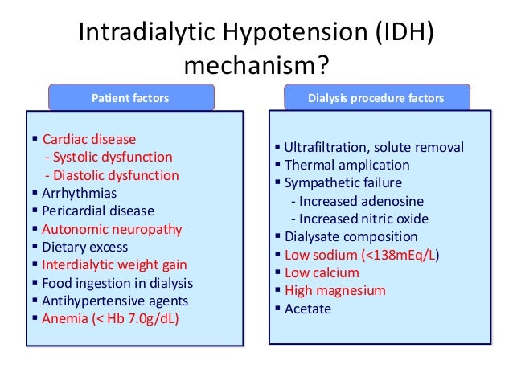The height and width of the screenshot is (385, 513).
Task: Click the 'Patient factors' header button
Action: (x=131, y=98)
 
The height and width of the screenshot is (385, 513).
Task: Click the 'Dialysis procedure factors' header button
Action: (x=377, y=98)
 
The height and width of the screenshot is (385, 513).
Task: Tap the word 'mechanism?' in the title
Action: (x=256, y=64)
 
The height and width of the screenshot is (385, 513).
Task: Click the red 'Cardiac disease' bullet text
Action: (x=89, y=139)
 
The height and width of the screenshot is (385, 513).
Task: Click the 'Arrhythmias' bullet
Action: (x=80, y=193)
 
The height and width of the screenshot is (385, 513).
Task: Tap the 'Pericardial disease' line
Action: (x=98, y=211)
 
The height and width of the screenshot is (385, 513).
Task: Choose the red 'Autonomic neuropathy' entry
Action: (x=112, y=229)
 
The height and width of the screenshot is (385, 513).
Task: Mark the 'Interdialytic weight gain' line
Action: (x=114, y=264)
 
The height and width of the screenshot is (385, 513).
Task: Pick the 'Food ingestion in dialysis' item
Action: (x=117, y=283)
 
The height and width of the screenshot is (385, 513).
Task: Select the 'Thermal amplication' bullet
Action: (x=347, y=165)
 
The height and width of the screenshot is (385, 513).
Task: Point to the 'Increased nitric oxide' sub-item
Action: (x=364, y=219)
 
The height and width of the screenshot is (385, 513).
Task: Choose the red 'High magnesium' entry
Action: (x=335, y=290)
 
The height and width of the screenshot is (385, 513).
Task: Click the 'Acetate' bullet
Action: (x=308, y=309)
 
